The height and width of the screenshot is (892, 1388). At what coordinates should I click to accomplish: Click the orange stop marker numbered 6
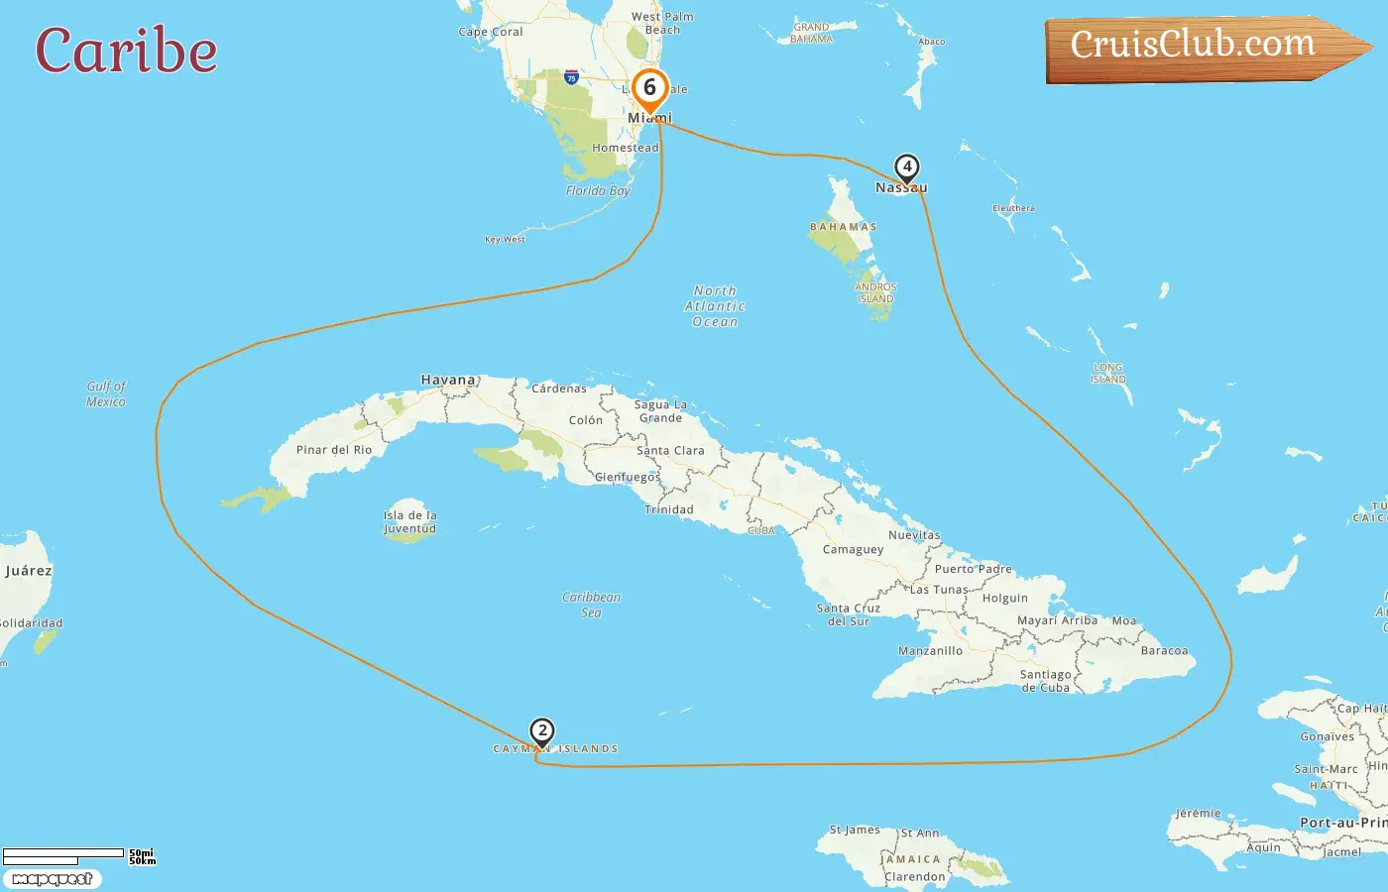point(650,89)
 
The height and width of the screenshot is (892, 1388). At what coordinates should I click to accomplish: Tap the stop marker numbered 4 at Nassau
point(906,167)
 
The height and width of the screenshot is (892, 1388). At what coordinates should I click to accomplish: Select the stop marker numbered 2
point(541,731)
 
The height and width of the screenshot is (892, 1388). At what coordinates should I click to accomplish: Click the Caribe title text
point(126,52)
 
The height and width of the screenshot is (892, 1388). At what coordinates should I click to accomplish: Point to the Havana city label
point(448,380)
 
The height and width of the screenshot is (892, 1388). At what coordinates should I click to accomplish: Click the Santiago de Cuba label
point(1045,681)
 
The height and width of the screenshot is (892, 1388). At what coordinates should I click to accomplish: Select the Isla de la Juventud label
point(409,522)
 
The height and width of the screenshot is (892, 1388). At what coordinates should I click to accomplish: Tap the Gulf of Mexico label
point(106,393)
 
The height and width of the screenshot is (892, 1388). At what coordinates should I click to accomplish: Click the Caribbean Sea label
point(591,605)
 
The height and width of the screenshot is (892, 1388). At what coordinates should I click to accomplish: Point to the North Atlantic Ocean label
point(715,306)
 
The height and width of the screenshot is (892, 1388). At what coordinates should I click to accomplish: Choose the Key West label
point(505,239)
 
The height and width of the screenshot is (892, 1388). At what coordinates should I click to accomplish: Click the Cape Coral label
point(491,32)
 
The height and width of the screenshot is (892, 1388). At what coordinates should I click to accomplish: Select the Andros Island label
point(875,292)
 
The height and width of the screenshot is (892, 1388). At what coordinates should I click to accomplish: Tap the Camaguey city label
point(853,549)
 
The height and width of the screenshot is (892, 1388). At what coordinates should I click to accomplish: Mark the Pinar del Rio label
point(334,450)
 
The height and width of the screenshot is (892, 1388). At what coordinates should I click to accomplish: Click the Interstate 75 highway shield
point(571,76)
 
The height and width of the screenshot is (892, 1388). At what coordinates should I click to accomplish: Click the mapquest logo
point(52,879)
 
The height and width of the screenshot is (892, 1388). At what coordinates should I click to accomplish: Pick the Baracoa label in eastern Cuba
point(1164,651)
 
